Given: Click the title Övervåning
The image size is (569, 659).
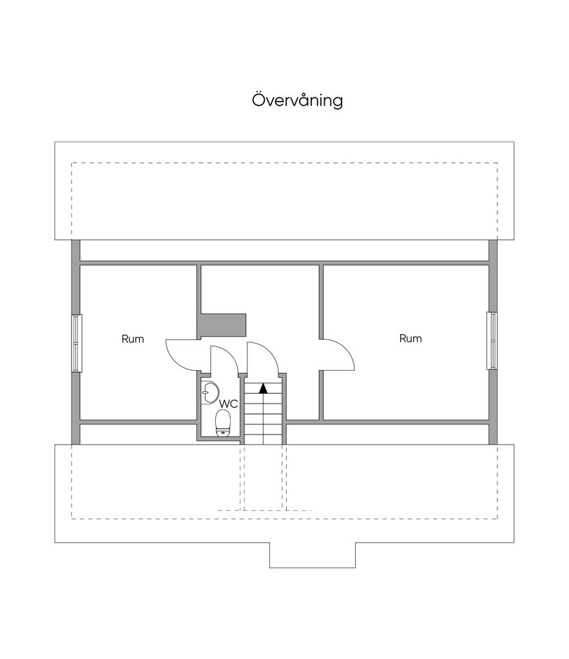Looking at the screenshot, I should click(x=297, y=100).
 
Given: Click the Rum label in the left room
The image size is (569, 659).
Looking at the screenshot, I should click(x=133, y=339).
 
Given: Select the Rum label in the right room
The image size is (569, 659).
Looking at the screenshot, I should click(x=410, y=339).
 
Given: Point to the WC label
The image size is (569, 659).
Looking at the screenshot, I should click(x=229, y=404).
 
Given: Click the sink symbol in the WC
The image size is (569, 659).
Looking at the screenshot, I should click(x=209, y=391).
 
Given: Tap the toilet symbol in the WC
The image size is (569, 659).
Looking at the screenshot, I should click(x=223, y=423).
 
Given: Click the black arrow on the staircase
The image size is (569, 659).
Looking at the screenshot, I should click(x=263, y=387).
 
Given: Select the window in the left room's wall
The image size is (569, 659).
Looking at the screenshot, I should click(x=77, y=342).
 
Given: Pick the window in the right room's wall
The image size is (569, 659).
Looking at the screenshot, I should click(x=492, y=340).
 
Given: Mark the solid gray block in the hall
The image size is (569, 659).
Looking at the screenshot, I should click(x=222, y=325).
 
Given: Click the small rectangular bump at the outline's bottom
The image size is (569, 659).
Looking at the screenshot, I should click(x=312, y=555).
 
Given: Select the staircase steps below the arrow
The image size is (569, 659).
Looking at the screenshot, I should click(x=263, y=418).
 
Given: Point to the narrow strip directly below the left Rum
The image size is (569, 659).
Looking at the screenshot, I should click(x=138, y=433).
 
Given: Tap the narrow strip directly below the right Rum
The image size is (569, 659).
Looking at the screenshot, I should click(x=387, y=433).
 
